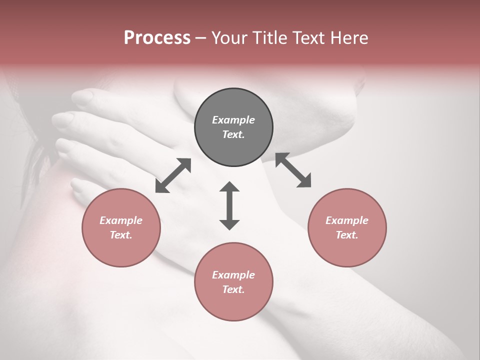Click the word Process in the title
157,38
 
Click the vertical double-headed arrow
229,205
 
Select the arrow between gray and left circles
173,175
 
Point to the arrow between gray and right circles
293,170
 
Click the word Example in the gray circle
233,120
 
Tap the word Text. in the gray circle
233,134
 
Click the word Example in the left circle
121,220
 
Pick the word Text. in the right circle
347,235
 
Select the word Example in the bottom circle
233,275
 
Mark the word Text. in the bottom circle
233,289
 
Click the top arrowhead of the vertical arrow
229,187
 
